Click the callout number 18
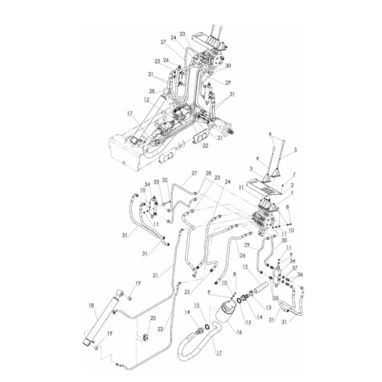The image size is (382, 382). point(91,306)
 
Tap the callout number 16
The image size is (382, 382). point(239,332)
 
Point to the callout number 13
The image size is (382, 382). point(268,308)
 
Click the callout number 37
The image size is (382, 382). point(294,268)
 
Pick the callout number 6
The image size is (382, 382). point(270,134)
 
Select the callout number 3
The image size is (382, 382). point(251,168)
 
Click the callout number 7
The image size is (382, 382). point(293,175)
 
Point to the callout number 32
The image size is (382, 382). point(165,180)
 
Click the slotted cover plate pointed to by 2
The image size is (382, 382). point(265,188)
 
